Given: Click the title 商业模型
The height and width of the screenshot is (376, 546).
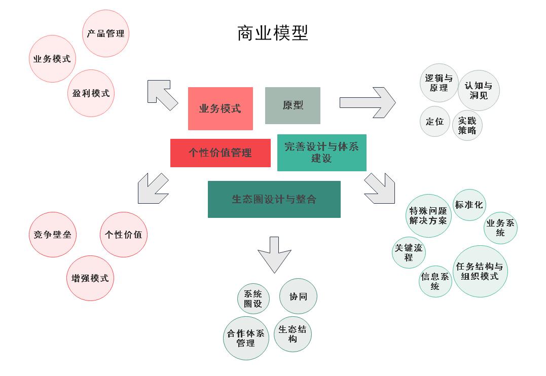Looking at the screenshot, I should (x=272, y=33).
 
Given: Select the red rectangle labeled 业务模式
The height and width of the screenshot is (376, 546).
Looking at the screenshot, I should (x=220, y=108).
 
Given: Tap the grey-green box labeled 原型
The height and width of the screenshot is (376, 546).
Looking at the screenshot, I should (x=293, y=105).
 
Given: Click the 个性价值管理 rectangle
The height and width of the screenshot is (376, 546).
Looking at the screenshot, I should (x=220, y=153).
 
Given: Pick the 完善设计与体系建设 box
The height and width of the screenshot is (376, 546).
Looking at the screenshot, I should (x=321, y=153).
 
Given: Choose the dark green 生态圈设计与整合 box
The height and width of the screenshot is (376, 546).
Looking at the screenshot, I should (x=274, y=199).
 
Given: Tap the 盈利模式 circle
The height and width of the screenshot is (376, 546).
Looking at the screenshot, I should (x=91, y=93).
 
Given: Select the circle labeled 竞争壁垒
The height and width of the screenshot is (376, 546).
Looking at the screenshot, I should (x=52, y=235).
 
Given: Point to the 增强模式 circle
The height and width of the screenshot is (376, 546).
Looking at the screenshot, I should (x=90, y=278).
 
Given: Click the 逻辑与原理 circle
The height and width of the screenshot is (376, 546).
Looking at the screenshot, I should (x=439, y=83).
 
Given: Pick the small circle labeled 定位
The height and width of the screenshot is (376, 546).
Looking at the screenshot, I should (x=435, y=122).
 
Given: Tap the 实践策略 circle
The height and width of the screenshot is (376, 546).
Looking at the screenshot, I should (x=467, y=125).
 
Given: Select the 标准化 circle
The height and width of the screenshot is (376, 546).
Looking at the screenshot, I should (x=469, y=205).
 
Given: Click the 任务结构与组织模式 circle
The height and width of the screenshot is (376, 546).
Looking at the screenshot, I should (x=480, y=272).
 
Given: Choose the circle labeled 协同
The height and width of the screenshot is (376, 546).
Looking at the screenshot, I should (x=298, y=296).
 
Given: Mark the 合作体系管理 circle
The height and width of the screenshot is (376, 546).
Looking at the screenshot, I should (x=246, y=338).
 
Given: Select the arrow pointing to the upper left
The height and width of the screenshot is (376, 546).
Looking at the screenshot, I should (x=162, y=94).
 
